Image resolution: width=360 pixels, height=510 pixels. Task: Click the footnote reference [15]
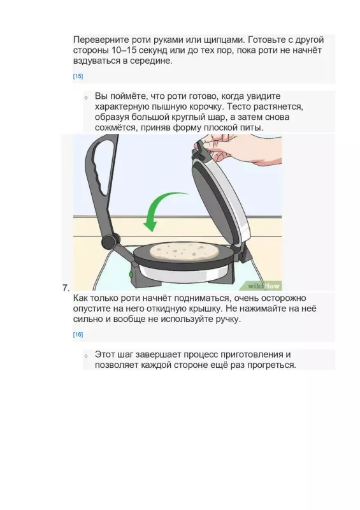tap(78, 76)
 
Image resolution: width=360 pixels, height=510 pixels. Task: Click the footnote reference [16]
tap(78, 335)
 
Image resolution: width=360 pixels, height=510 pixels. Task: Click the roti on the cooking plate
tap(185, 251)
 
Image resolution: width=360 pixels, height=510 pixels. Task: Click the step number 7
tap(66, 288)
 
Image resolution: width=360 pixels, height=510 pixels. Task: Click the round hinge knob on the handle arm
tap(110, 241)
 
